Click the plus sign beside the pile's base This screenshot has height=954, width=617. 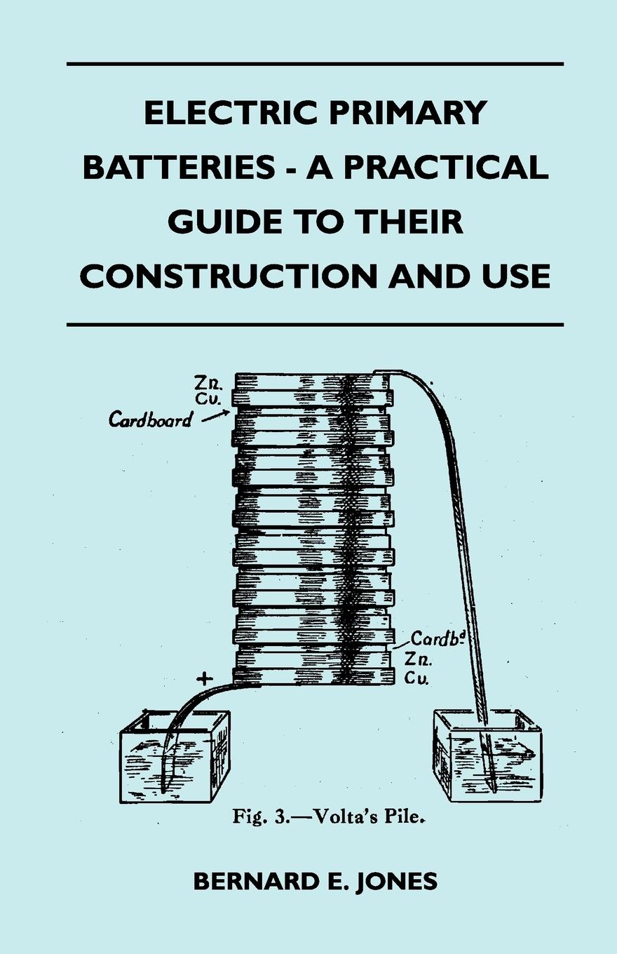[204, 678]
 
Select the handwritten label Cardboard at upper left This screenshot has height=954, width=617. [150, 419]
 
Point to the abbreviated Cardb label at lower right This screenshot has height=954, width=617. [433, 640]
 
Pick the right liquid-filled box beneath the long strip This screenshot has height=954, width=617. [487, 758]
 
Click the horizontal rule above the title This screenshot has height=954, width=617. [316, 64]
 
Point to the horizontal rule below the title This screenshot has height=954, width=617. [316, 325]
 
